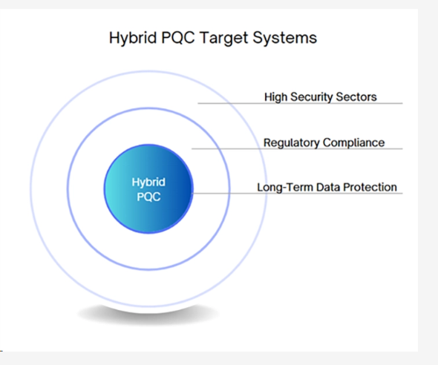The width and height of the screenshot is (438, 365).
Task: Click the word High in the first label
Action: click(276, 96)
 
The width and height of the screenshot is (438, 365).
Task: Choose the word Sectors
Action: click(357, 96)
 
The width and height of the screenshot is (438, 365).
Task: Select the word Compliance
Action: click(353, 142)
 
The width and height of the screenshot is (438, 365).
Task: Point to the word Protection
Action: click(370, 187)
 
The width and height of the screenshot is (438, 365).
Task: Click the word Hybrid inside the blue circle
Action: click(148, 182)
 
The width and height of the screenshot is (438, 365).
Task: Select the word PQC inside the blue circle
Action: click(148, 197)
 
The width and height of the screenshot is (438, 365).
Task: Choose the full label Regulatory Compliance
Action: click(324, 142)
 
